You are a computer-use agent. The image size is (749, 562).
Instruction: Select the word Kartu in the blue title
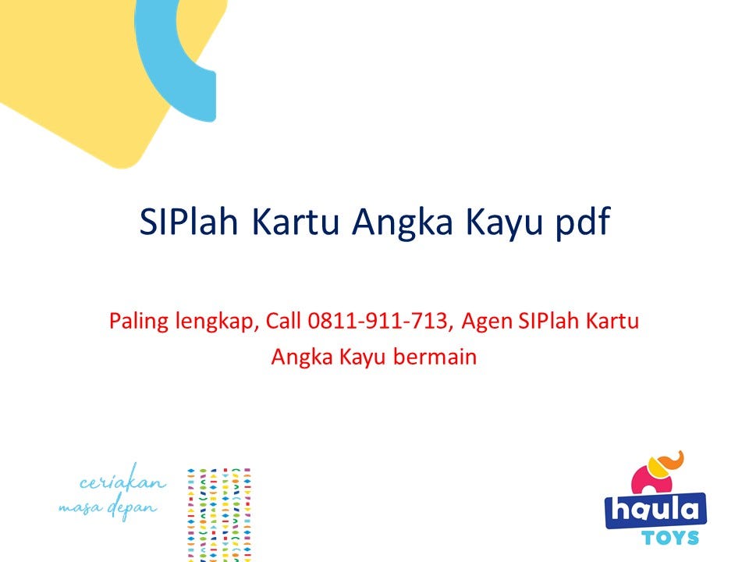pos(297,222)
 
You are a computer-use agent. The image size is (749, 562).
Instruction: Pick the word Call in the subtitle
pos(285,321)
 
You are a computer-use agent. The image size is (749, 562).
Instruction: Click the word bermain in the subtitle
pos(437,357)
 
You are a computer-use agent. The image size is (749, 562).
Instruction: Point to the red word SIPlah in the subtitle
pos(550,321)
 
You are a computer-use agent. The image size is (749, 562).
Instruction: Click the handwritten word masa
pos(79,508)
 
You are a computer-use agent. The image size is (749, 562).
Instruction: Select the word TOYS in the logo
pos(671,538)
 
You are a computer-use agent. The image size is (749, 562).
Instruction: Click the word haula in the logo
pos(655,510)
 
